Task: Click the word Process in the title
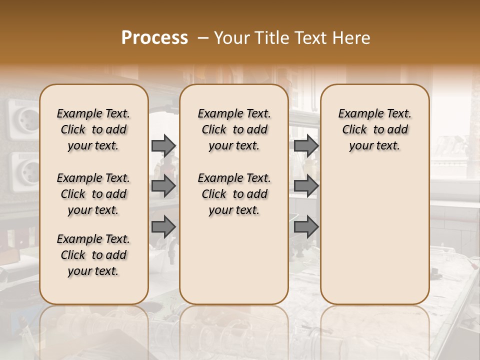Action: coord(154,38)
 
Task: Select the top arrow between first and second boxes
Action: coord(163,146)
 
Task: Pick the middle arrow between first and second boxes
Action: coord(163,186)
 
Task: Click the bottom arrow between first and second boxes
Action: coord(163,227)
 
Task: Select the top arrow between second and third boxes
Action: coord(306,146)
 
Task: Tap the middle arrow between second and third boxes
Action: coord(306,186)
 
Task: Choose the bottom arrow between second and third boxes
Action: coord(306,227)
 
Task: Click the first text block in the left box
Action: coord(93,129)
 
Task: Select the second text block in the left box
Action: coord(93,194)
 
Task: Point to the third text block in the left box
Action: coord(93,255)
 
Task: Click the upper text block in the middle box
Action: coord(234,129)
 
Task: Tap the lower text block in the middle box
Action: coord(234,194)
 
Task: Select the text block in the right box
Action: coord(375,129)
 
